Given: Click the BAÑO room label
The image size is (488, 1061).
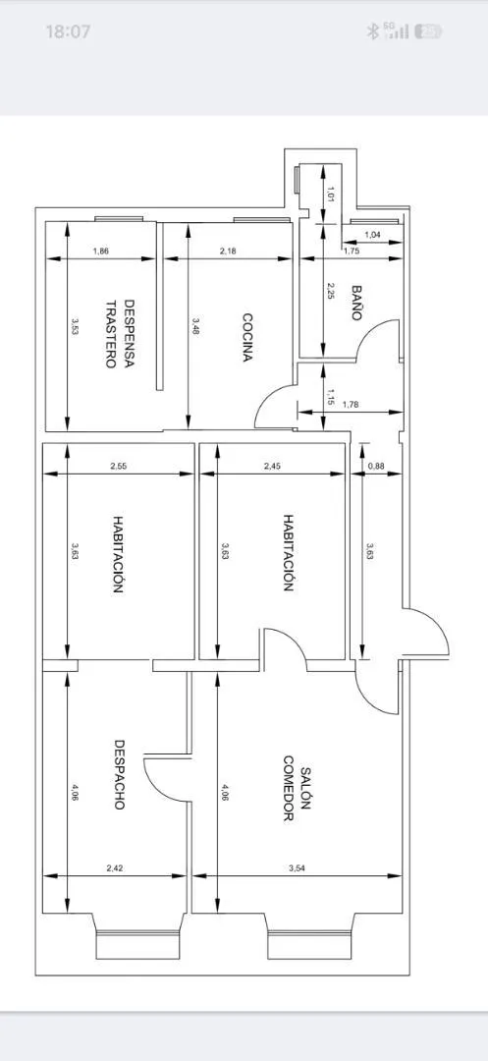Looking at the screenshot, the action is point(357,303).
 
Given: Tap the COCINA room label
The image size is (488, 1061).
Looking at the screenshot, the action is point(248,337).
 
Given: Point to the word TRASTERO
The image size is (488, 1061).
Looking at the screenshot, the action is point(111,334).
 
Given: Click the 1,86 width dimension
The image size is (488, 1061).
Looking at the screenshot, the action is point(101,251).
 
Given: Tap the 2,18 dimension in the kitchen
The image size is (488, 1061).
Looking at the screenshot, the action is point(229,251).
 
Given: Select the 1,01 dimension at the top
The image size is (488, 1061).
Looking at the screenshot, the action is point(331,194).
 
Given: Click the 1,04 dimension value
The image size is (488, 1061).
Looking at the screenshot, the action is point(372,235).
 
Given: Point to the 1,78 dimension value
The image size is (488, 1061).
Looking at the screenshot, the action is point(351,405).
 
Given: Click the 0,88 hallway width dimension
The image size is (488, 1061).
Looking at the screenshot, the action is point(376,466).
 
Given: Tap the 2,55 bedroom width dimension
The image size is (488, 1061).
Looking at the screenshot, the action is point(118,466).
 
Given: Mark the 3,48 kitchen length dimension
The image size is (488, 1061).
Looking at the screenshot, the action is point(195,327).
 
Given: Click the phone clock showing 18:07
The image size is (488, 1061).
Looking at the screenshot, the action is point(68,31).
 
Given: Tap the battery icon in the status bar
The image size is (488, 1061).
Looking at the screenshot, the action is point(428,31).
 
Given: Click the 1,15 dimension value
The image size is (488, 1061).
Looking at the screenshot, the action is point(331,396).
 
